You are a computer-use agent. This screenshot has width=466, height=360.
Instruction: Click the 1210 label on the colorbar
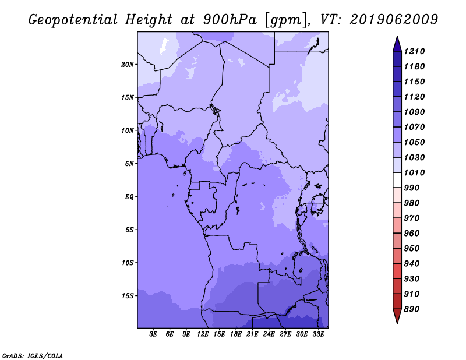pyautogui.click(x=414, y=51)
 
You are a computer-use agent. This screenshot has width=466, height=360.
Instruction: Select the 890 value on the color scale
pyautogui.click(x=412, y=309)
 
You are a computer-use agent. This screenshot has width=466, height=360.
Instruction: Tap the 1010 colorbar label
pyautogui.click(x=414, y=172)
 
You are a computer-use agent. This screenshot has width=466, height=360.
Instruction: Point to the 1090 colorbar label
pyautogui.click(x=414, y=112)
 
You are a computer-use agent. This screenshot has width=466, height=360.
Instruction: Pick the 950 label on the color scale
pyautogui.click(x=412, y=249)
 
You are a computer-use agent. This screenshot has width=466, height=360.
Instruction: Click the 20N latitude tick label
pyautogui.click(x=128, y=65)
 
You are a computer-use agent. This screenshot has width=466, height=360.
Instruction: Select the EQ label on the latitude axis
pyautogui.click(x=129, y=197)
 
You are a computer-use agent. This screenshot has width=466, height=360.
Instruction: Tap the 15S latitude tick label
pyautogui.click(x=128, y=296)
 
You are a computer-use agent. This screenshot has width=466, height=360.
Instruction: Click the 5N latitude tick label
pyautogui.click(x=129, y=164)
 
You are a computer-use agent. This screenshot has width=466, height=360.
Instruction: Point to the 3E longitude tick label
pyautogui.click(x=153, y=334)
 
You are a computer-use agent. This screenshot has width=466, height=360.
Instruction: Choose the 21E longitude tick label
pyautogui.click(x=252, y=334)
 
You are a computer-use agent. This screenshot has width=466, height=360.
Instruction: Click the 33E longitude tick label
pyautogui.click(x=318, y=334)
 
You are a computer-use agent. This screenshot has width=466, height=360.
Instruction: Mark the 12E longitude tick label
pyautogui.click(x=202, y=334)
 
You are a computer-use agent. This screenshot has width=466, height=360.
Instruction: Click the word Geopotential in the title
pyautogui.click(x=73, y=20)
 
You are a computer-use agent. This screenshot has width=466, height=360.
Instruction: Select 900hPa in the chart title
pyautogui.click(x=230, y=20)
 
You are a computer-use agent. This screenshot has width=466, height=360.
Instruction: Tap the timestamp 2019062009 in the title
pyautogui.click(x=394, y=20)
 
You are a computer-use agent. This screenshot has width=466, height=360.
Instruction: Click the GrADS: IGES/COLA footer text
pyautogui.click(x=33, y=356)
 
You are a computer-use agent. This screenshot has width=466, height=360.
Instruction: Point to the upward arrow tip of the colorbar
pyautogui.click(x=397, y=36)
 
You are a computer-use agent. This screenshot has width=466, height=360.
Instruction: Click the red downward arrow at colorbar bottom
pyautogui.click(x=397, y=316)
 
